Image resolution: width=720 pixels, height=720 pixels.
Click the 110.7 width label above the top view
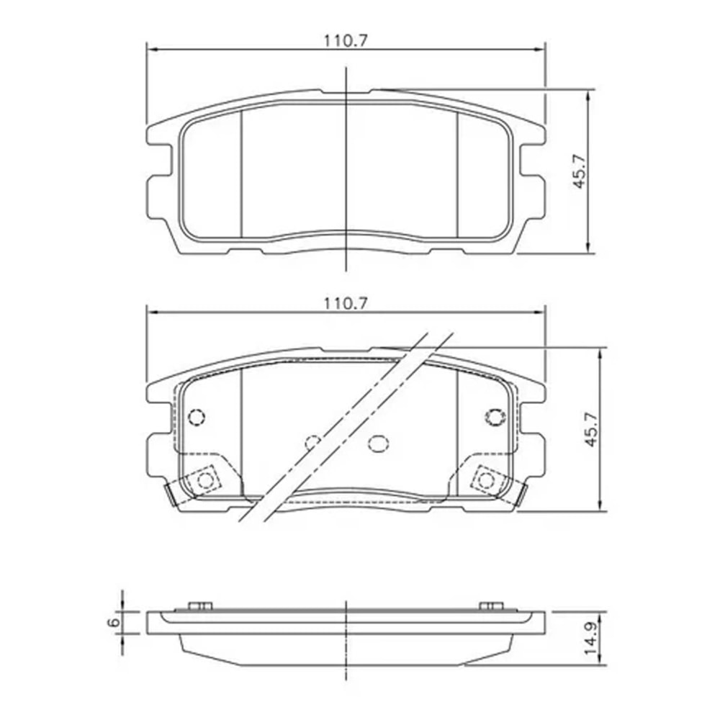pyautogui.click(x=346, y=41)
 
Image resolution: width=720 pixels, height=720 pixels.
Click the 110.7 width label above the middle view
pyautogui.click(x=346, y=303)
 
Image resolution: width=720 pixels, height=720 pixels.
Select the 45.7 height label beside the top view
pyautogui.click(x=580, y=172)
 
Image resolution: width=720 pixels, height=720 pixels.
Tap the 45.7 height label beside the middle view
pyautogui.click(x=592, y=430)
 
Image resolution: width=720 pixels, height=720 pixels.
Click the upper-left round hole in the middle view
pyautogui.click(x=196, y=417)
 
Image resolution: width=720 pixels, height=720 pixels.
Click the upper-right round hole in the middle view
pyautogui.click(x=495, y=417)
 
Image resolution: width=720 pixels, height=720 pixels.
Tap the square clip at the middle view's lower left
pyautogui.click(x=207, y=480)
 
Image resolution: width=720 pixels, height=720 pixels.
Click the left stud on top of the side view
pyautogui.click(x=200, y=606)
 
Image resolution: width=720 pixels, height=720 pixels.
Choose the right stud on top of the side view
pyautogui.click(x=491, y=606)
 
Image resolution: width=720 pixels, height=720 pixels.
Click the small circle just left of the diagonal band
pyautogui.click(x=313, y=441)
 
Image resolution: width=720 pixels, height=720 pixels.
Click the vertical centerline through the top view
pyautogui.click(x=347, y=173)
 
